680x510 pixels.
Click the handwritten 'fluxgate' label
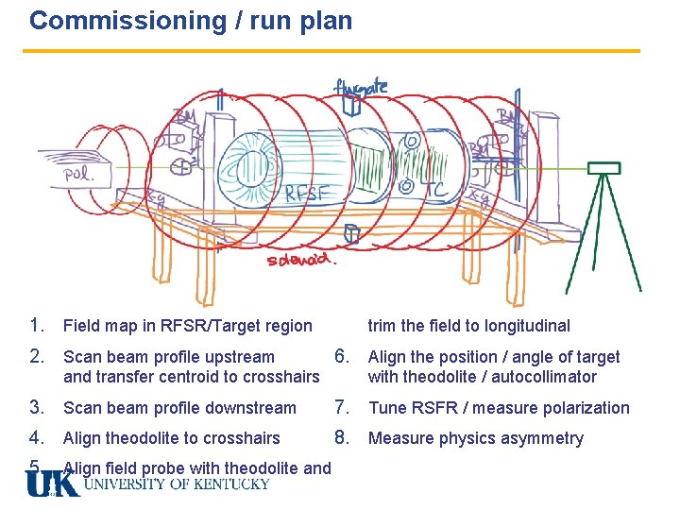[x=360, y=87]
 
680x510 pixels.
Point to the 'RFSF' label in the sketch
[x=309, y=195]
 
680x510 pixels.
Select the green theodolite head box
[x=603, y=168]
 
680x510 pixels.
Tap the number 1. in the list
[x=38, y=326]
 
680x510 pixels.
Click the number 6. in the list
[x=344, y=357]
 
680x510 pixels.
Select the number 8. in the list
[x=344, y=438]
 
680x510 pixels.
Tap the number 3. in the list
[x=38, y=408]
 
